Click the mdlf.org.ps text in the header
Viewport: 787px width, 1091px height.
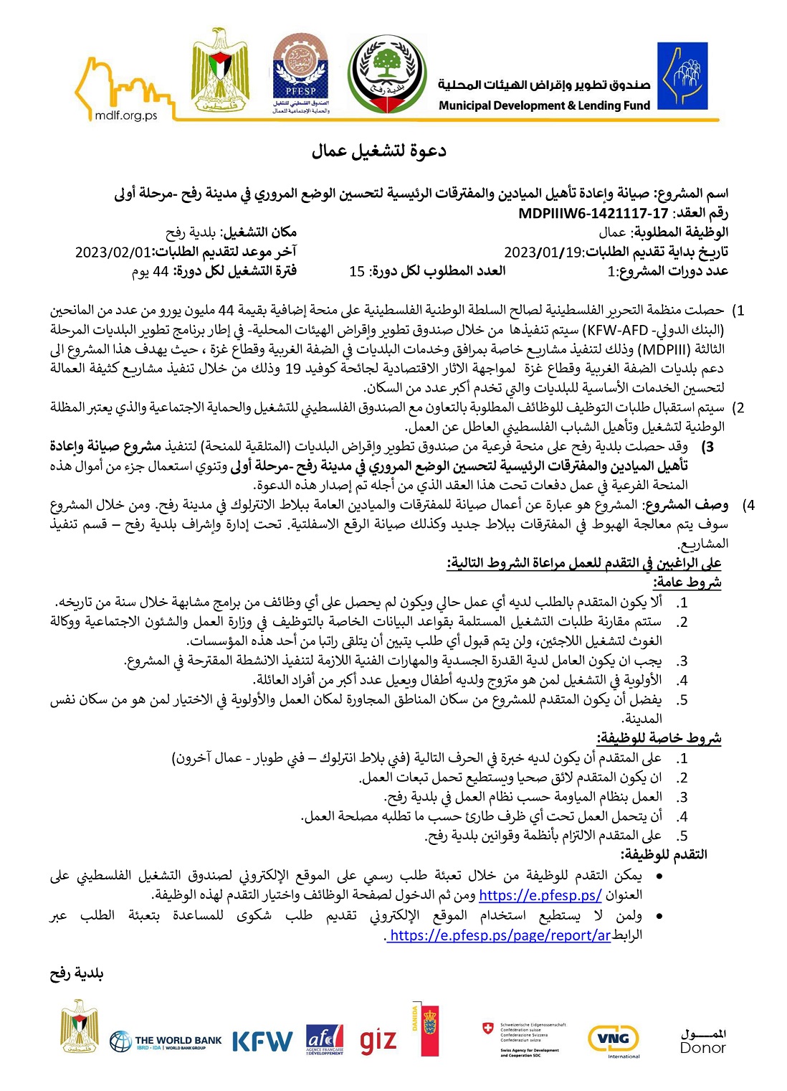click(x=125, y=115)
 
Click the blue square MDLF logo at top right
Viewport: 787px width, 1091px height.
click(x=682, y=75)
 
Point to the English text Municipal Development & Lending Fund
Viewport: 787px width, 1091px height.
click(x=544, y=105)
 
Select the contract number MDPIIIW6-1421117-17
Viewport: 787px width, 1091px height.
click(x=593, y=213)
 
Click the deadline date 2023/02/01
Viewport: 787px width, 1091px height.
click(x=115, y=252)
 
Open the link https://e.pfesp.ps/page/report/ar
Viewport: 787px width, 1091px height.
click(x=499, y=935)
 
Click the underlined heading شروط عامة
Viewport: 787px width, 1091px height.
click(x=687, y=582)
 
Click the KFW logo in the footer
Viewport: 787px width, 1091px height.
click(x=262, y=1042)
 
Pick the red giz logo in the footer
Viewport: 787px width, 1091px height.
click(x=378, y=1041)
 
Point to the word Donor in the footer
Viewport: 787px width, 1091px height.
click(x=702, y=1048)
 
